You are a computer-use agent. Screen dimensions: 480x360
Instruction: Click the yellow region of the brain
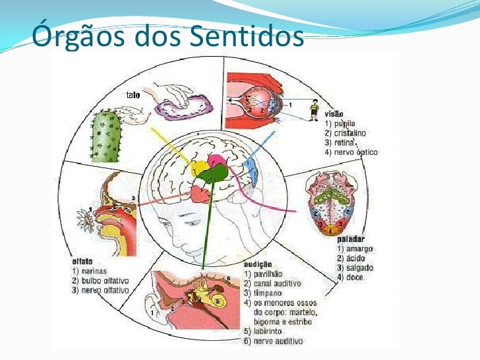coord(198,167)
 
